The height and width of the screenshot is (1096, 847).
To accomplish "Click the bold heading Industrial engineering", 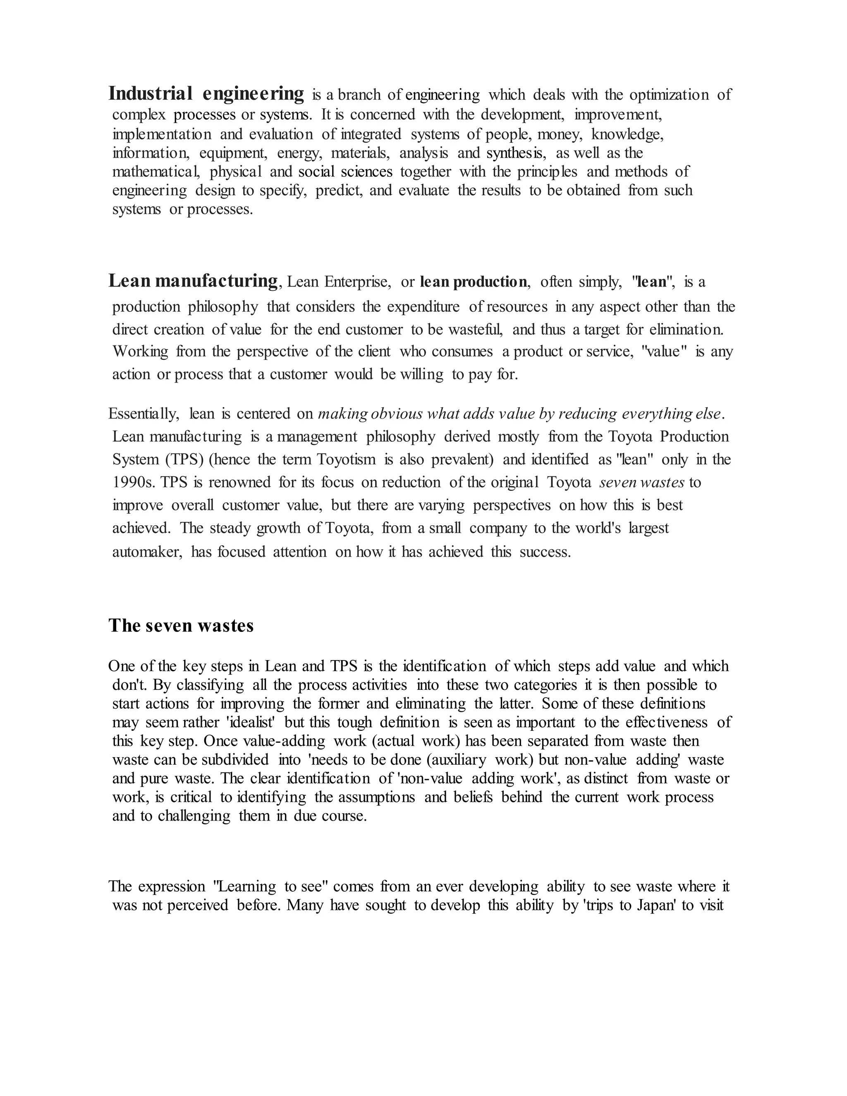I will click(206, 94).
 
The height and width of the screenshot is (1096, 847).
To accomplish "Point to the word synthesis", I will click(515, 153).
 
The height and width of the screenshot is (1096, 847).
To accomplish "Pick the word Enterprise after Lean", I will click(357, 282).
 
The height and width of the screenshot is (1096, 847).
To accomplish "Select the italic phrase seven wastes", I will click(642, 482).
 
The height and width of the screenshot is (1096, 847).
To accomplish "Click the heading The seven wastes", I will click(181, 626).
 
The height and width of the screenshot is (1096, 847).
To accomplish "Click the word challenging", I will click(194, 816).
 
